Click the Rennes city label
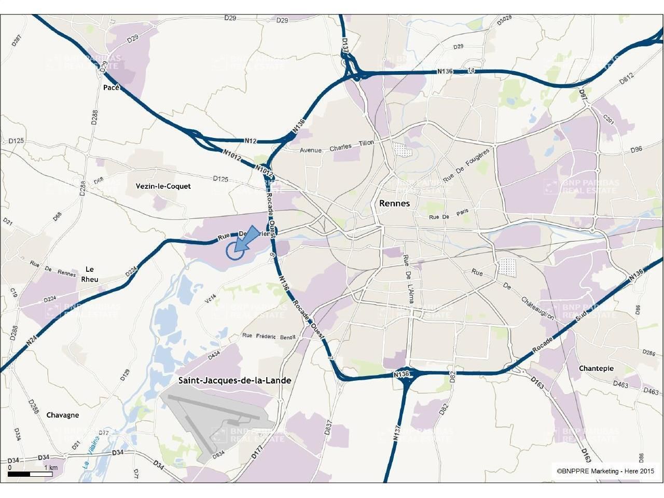(394, 203)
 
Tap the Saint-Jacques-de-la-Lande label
(234, 380)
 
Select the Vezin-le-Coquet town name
(163, 186)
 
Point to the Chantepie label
(596, 368)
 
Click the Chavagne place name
(63, 415)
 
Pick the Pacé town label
(112, 88)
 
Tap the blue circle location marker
(234, 251)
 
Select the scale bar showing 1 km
(30, 474)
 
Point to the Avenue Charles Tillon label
(337, 148)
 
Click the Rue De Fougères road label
(466, 166)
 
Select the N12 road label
(251, 141)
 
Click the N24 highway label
(32, 341)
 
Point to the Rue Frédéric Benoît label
(269, 336)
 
